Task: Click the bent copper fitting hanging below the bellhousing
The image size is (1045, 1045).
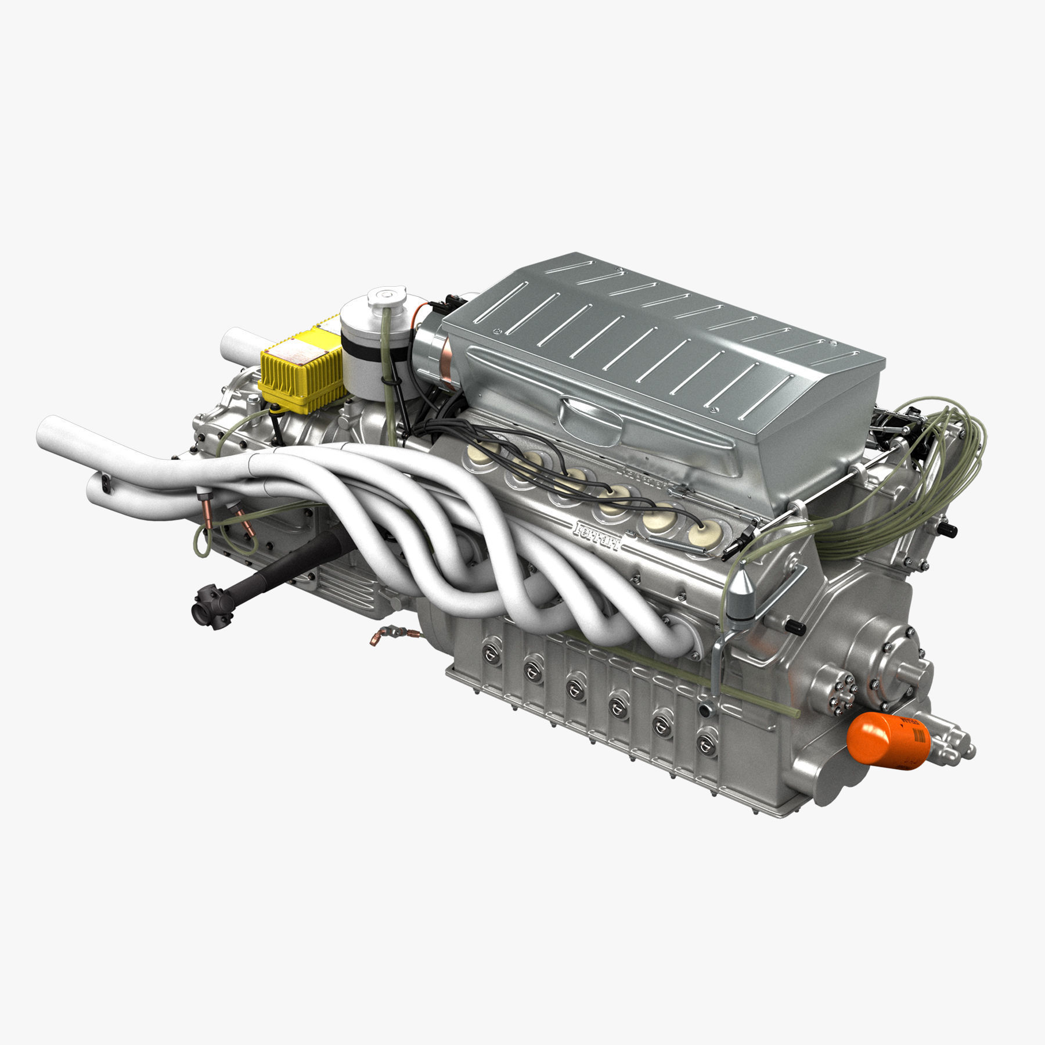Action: click(x=381, y=637)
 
